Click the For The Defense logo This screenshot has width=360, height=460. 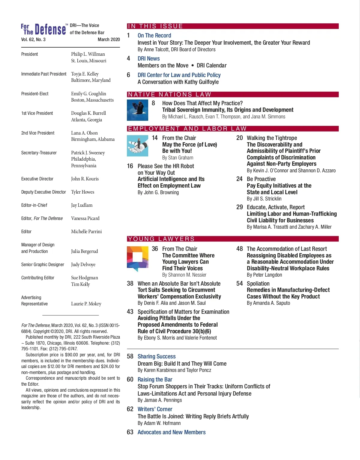pyautogui.click(x=43, y=29)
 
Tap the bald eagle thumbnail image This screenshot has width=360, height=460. pyautogui.click(x=137, y=110)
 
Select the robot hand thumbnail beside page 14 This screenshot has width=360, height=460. pyautogui.click(x=137, y=146)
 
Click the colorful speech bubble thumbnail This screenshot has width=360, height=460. pyautogui.click(x=137, y=258)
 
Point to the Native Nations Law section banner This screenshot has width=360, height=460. pyautogui.click(x=233, y=94)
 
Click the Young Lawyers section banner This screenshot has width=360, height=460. pyautogui.click(x=233, y=239)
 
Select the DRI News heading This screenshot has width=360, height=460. pyautogui.click(x=148, y=58)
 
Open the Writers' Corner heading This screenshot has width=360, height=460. pyautogui.click(x=155, y=409)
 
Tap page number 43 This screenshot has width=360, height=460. pyautogui.click(x=130, y=312)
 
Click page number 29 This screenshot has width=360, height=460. pyautogui.click(x=239, y=207)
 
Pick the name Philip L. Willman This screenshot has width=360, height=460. pyautogui.click(x=88, y=54)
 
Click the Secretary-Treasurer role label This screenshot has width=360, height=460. pyautogui.click(x=39, y=153)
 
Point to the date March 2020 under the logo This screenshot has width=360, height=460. pyautogui.click(x=109, y=39)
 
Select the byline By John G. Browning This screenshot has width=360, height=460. pyautogui.click(x=158, y=192)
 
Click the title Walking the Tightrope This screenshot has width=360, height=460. pyautogui.click(x=272, y=138)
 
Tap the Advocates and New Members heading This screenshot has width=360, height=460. pyautogui.click(x=171, y=432)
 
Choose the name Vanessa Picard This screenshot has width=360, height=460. pyautogui.click(x=85, y=218)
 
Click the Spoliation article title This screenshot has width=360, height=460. pyautogui.click(x=258, y=283)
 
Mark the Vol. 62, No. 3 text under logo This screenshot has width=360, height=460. pyautogui.click(x=33, y=39)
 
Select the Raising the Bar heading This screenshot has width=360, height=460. pyautogui.click(x=155, y=379)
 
